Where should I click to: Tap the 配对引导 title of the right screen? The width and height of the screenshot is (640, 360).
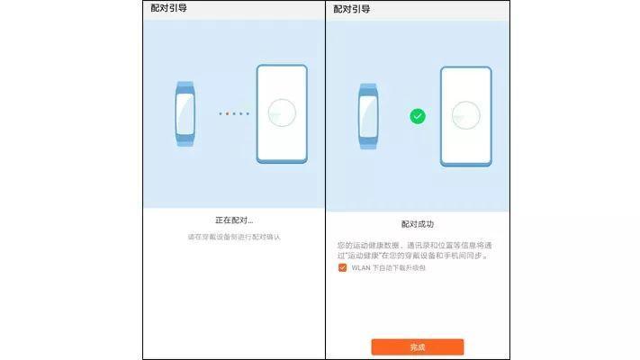(352, 9)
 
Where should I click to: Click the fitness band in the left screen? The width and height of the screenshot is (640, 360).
(184, 114)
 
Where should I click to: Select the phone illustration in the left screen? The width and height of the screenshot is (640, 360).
(281, 113)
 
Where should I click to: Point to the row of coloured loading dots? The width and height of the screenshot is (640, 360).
(233, 113)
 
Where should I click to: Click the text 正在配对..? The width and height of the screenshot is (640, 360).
(233, 220)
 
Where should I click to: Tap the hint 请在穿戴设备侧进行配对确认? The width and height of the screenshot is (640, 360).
(233, 237)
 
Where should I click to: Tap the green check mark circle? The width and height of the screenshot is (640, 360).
(418, 116)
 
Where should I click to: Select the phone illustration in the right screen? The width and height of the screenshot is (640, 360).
(465, 116)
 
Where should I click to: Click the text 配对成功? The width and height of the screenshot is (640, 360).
(417, 223)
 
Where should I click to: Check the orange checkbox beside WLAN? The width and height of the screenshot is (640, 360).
(342, 267)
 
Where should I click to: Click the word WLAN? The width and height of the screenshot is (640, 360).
(360, 267)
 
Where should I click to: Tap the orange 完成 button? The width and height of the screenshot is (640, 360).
(417, 346)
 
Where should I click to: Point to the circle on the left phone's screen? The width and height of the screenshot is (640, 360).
(282, 113)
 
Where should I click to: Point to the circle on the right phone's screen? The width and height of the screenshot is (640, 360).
(465, 116)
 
